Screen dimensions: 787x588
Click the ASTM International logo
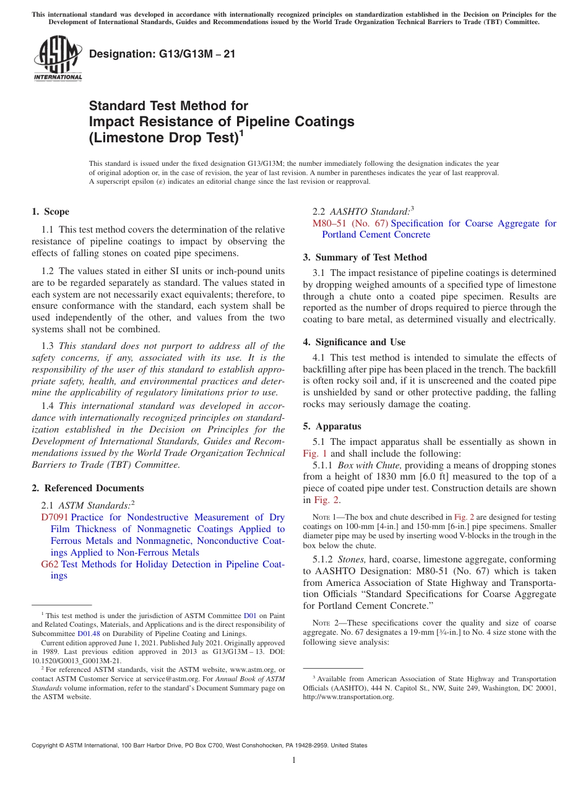tap(57, 59)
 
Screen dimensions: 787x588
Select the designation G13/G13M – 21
tap(162, 54)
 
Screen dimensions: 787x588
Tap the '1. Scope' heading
tap(50, 212)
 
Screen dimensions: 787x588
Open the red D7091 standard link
tap(54, 517)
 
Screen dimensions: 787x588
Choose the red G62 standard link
tap(50, 564)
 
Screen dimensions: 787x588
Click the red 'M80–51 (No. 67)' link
tap(350, 223)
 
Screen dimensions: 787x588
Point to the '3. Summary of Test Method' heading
tap(371, 257)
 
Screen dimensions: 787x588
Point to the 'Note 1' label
tap(326, 517)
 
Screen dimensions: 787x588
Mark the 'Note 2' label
tap(326, 623)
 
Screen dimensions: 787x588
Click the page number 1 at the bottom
tap(294, 760)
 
